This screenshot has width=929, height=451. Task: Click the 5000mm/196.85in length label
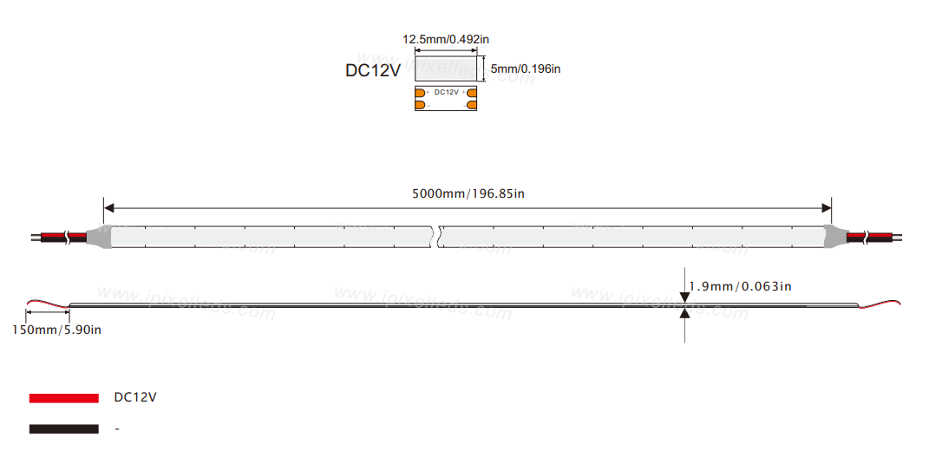pyautogui.click(x=468, y=193)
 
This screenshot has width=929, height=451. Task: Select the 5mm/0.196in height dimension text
pyautogui.click(x=526, y=69)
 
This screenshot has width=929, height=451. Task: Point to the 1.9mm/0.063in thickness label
pyautogui.click(x=739, y=286)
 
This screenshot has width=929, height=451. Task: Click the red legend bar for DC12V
pyautogui.click(x=63, y=397)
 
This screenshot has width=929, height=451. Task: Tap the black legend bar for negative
pyautogui.click(x=63, y=428)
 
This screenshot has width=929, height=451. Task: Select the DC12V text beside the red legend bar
pyautogui.click(x=135, y=397)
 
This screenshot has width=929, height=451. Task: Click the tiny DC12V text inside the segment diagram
pyautogui.click(x=446, y=92)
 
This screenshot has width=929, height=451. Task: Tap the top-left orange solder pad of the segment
pyautogui.click(x=421, y=92)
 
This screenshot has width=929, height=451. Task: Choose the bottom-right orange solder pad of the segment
pyautogui.click(x=472, y=105)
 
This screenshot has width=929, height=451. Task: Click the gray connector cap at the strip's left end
pyautogui.click(x=100, y=235)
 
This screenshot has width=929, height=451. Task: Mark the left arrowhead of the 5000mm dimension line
pyautogui.click(x=108, y=208)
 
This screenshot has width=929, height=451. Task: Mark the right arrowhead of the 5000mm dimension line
pyautogui.click(x=827, y=208)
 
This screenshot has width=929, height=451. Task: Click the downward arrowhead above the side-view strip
pyautogui.click(x=685, y=297)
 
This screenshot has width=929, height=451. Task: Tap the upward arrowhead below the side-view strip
pyautogui.click(x=685, y=312)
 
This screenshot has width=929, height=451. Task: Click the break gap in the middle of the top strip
pyautogui.click(x=435, y=235)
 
